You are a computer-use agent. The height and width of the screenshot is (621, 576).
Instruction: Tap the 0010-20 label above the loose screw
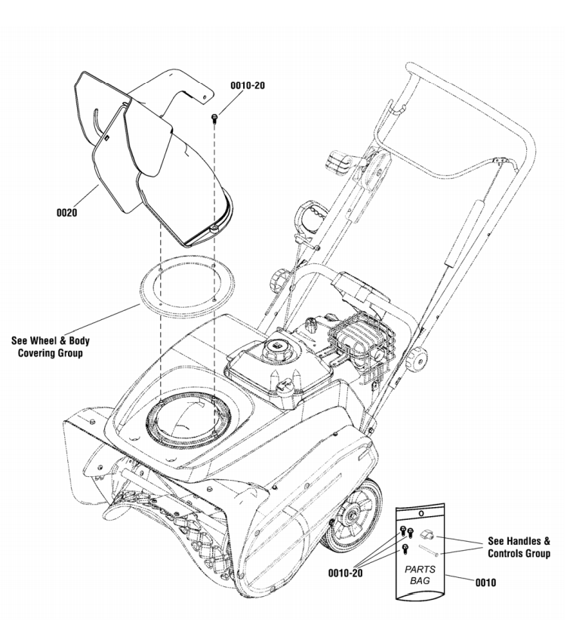pyautogui.click(x=248, y=86)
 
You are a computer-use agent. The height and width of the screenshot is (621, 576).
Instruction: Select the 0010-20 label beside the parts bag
pyautogui.click(x=347, y=572)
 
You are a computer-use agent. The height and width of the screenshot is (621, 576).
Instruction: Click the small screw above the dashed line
pyautogui.click(x=216, y=117)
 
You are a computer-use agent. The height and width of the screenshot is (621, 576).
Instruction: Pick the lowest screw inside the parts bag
pyautogui.click(x=405, y=549)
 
